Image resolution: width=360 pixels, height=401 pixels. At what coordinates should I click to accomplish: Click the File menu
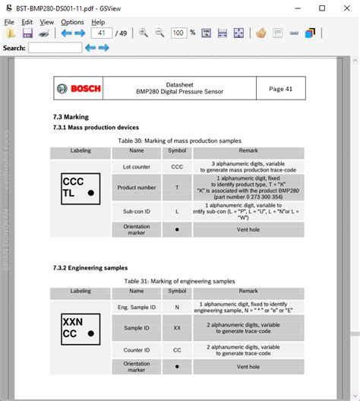[10, 22]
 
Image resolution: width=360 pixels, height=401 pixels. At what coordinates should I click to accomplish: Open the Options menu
[72, 22]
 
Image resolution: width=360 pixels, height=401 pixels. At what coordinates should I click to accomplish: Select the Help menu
[98, 22]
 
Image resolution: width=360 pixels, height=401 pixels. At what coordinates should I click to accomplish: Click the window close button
[344, 8]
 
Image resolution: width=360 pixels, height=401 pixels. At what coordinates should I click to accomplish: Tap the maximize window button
[322, 8]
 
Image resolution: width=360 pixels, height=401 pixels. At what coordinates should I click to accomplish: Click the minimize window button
[299, 8]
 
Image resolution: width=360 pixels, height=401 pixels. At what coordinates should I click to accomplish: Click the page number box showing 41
[101, 33]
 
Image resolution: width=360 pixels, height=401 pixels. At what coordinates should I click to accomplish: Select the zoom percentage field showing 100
[178, 33]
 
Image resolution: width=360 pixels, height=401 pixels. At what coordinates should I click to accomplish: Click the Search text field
[54, 48]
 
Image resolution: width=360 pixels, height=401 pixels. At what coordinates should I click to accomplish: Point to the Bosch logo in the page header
[78, 89]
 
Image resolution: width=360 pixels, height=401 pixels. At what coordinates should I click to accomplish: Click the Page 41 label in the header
[280, 89]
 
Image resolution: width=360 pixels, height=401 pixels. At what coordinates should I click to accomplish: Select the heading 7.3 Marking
[71, 117]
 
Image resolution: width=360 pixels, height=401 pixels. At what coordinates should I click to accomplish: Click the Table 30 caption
[179, 141]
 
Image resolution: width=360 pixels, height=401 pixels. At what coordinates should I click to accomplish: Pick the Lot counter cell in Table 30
[137, 166]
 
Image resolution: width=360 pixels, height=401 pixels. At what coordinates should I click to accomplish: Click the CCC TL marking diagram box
[79, 188]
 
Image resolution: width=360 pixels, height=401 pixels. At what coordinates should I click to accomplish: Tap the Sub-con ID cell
[137, 210]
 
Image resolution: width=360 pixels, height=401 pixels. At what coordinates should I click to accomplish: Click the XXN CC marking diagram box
[79, 327]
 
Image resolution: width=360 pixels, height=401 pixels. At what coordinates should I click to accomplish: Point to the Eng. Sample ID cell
[137, 307]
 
